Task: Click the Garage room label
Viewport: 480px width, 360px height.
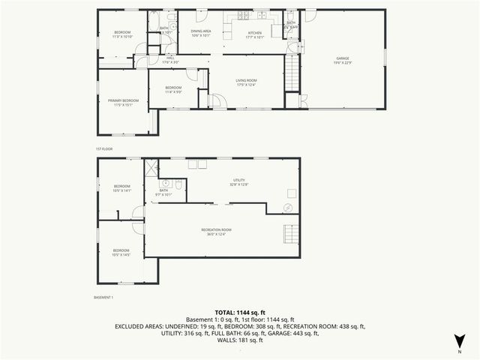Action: [343, 60]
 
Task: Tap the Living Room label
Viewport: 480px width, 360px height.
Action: [247, 82]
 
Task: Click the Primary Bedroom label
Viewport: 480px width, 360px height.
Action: [122, 103]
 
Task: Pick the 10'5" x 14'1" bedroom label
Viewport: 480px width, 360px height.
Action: [121, 188]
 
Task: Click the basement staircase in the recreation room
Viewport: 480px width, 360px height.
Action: [289, 234]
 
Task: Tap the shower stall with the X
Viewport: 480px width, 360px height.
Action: [151, 167]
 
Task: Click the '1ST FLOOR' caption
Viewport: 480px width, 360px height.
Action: [103, 149]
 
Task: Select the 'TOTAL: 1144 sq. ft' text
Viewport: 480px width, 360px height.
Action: [240, 312]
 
